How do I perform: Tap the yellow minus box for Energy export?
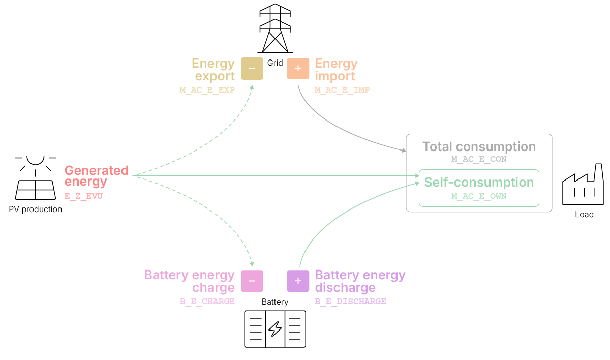pos(252,69)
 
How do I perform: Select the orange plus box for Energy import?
pos(298,69)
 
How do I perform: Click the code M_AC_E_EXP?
pos(207,90)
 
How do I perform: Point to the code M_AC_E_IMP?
pos(342,90)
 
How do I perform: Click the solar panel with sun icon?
pos(36,177)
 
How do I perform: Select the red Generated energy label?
pos(96,176)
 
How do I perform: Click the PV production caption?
pos(36,209)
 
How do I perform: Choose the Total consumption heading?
pos(479,147)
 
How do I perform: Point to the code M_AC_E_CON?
pos(479,159)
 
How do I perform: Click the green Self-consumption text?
pos(479,183)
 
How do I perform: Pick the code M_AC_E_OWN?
pos(479,196)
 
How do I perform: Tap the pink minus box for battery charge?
pos(252,281)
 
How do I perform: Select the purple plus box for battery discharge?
pos(298,281)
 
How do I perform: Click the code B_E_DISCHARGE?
pos(350,302)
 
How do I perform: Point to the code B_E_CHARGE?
pos(207,302)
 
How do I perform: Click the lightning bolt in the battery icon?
pos(275,329)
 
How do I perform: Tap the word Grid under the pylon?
pos(275,63)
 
